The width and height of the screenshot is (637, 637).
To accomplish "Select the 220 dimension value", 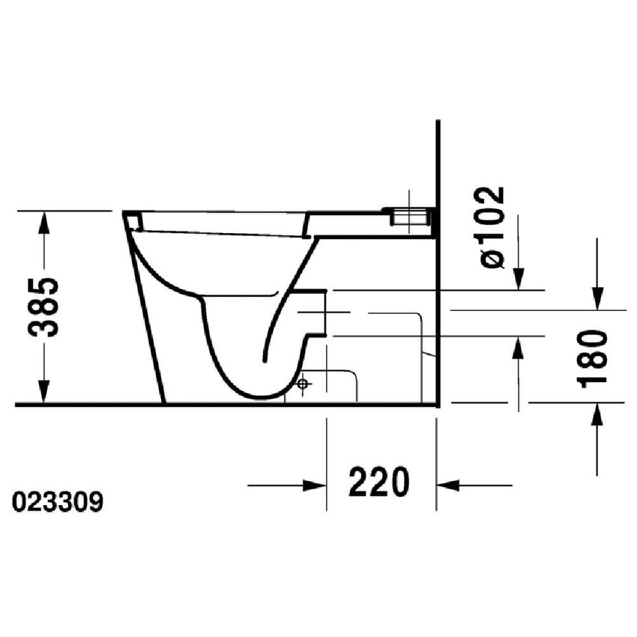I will (x=379, y=483).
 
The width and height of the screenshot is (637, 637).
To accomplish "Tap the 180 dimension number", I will (x=594, y=358).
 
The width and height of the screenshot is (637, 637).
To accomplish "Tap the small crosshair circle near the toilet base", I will (x=303, y=385).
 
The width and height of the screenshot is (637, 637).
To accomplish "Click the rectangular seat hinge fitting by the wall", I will (x=409, y=217).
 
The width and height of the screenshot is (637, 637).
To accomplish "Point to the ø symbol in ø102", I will (x=493, y=259).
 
